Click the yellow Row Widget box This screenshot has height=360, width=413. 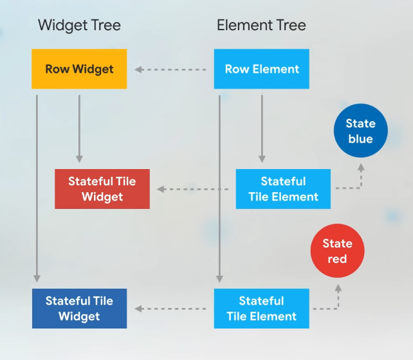click(x=79, y=69)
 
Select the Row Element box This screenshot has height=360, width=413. click(x=261, y=69)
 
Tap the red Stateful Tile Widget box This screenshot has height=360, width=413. click(x=102, y=189)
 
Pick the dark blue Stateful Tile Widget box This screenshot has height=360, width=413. click(x=79, y=309)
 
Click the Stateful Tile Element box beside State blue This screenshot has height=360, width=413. click(x=283, y=189)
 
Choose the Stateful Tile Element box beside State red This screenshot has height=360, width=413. click(x=261, y=309)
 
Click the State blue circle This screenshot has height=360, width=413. click(x=360, y=131)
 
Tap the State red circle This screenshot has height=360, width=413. click(x=337, y=251)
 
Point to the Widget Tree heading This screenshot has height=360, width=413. click(x=79, y=26)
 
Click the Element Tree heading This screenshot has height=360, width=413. click(x=261, y=26)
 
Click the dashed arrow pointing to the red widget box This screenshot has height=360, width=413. click(x=193, y=189)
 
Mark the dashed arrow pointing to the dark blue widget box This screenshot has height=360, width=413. click(x=170, y=309)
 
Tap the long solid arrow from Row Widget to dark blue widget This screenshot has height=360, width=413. click(x=37, y=186)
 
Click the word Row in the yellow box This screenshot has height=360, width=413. click(x=57, y=69)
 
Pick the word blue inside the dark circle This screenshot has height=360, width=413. click(x=360, y=139)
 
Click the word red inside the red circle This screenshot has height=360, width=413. click(x=337, y=259)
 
